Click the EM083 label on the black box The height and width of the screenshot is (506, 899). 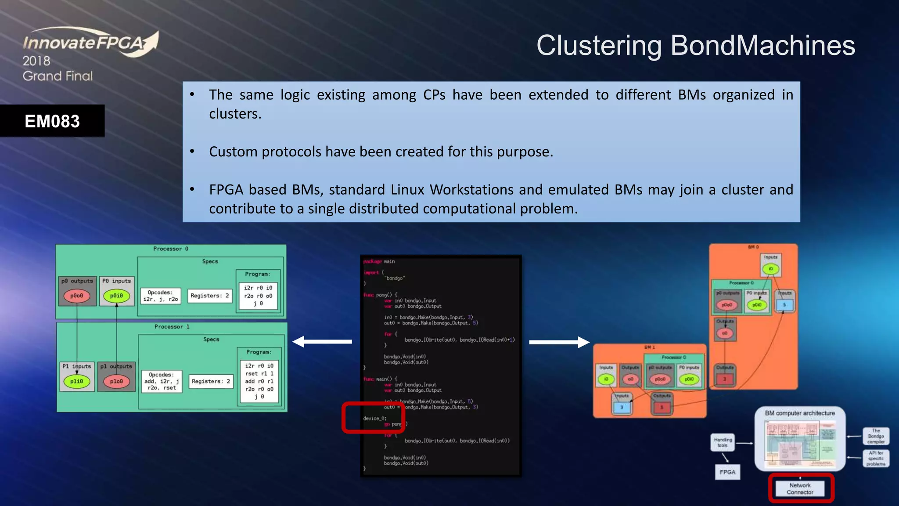(x=52, y=121)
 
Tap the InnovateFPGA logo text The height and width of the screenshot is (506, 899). (x=83, y=43)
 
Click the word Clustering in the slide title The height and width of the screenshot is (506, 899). (x=599, y=45)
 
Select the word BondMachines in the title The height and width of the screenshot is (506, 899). (x=762, y=45)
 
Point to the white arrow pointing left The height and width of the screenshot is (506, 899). (x=322, y=341)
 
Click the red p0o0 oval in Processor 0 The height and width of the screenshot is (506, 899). (x=77, y=296)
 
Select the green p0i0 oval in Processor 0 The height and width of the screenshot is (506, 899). (x=116, y=296)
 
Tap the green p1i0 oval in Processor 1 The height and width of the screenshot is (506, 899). (x=77, y=381)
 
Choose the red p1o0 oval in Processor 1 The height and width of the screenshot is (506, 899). (x=116, y=381)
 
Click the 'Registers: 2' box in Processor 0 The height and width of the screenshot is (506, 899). (x=210, y=296)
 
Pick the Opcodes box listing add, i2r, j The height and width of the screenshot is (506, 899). (x=162, y=381)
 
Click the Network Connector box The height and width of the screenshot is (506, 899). (x=800, y=488)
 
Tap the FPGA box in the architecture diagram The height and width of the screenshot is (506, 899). (x=727, y=472)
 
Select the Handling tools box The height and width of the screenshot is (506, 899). (x=723, y=442)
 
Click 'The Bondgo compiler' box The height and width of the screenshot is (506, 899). (x=876, y=436)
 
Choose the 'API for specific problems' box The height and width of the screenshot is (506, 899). (x=876, y=458)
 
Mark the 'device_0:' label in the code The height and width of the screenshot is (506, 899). (x=374, y=418)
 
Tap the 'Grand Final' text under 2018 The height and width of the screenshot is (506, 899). (x=58, y=76)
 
